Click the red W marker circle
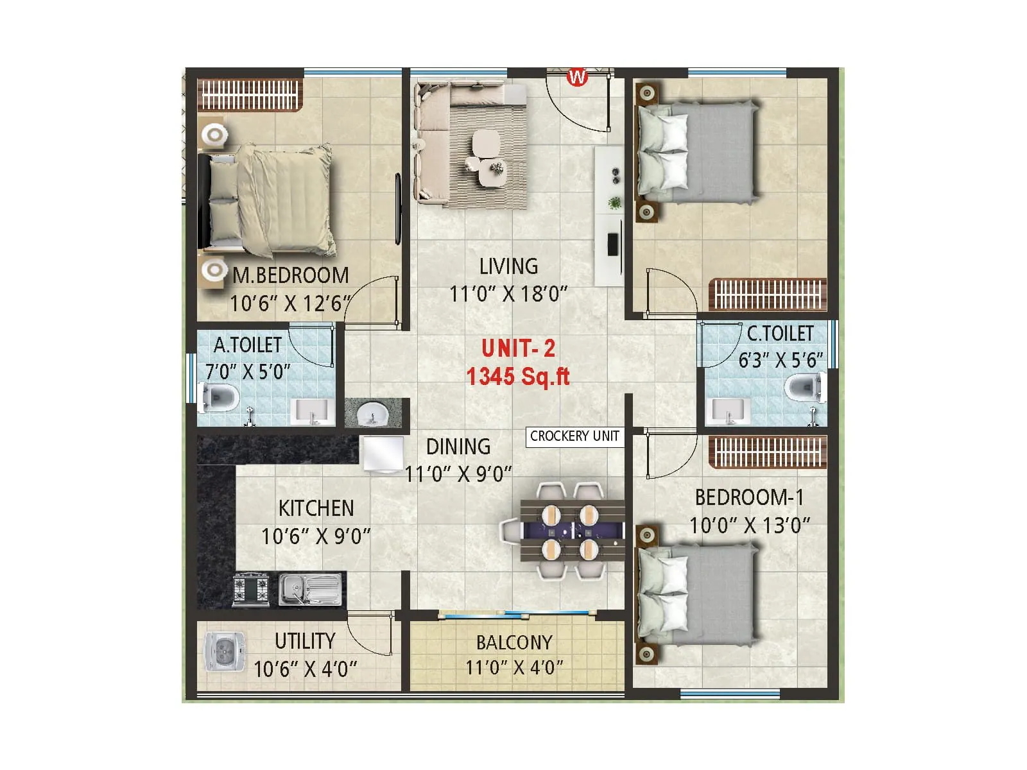[x=577, y=77]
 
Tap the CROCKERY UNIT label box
[x=574, y=436]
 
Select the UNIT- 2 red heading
[x=518, y=348]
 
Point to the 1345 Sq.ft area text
[x=518, y=377]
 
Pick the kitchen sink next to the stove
[x=310, y=589]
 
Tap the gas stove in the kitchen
[x=251, y=590]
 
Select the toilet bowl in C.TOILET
[x=804, y=388]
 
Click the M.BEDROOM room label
[x=291, y=275]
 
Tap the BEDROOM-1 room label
[x=749, y=497]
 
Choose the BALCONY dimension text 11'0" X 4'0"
[x=514, y=668]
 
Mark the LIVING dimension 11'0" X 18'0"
[x=508, y=294]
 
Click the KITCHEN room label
[x=316, y=508]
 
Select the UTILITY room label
[x=305, y=640]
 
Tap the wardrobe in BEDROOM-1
[x=767, y=452]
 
